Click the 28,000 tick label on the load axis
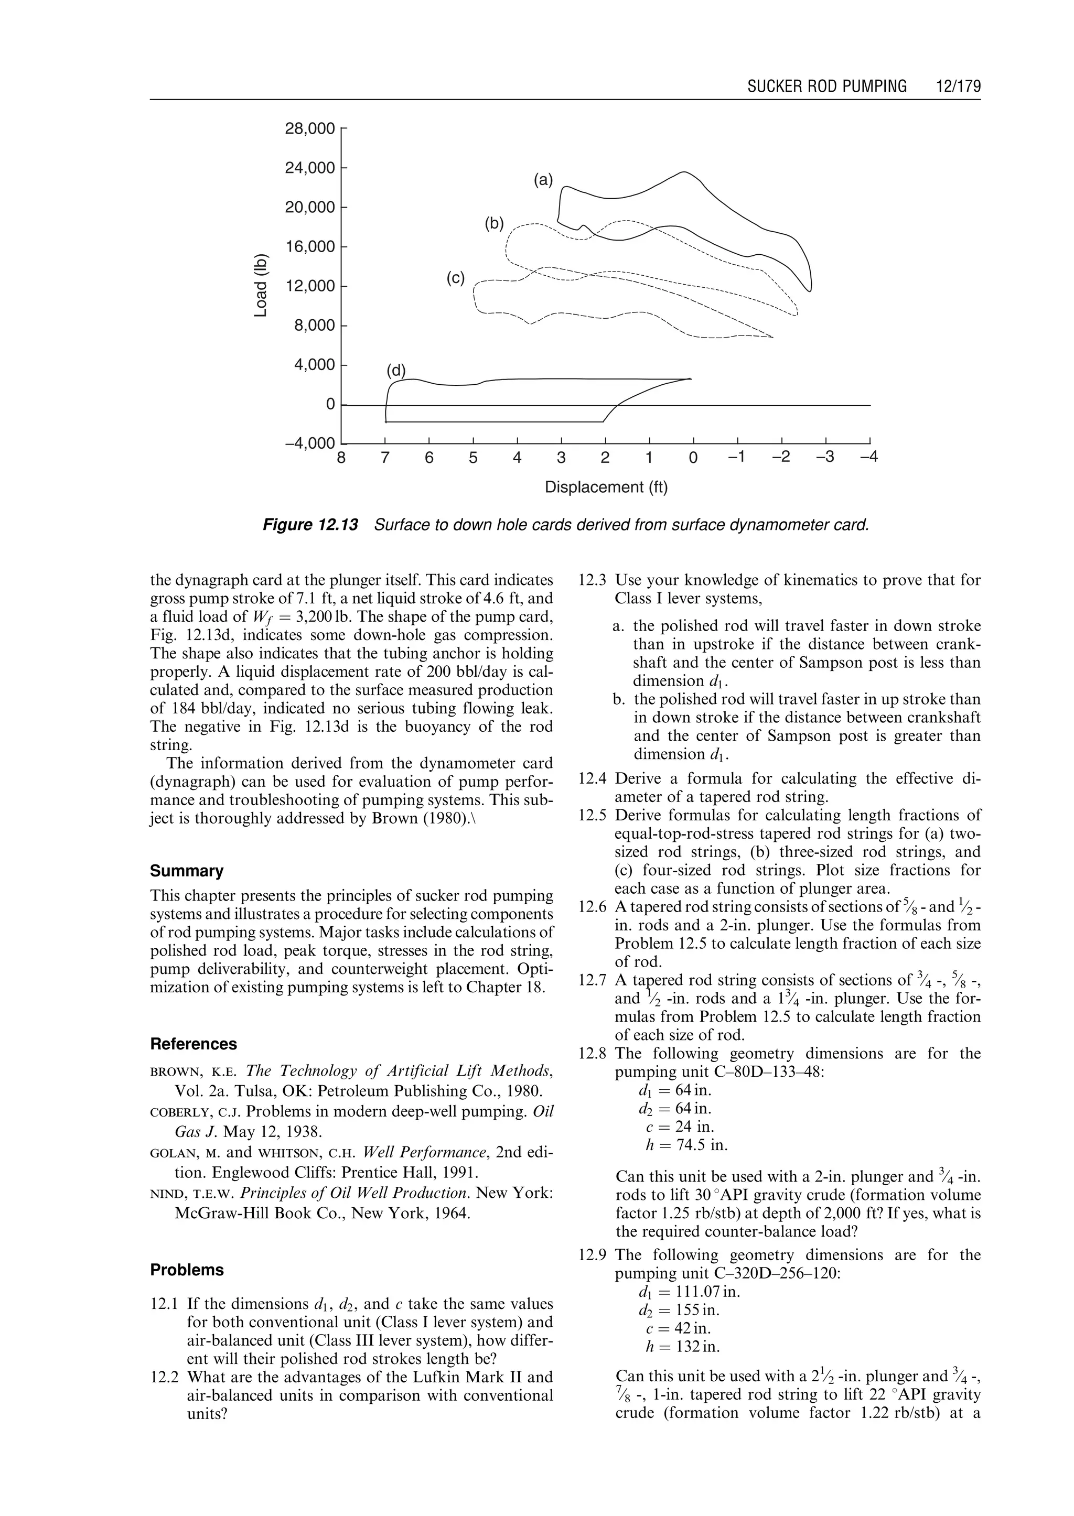pos(309,129)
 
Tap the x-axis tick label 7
pos(385,458)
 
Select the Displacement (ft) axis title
pos(606,488)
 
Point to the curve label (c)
pos(456,278)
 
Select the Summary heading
pos(187,871)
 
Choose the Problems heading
pos(187,1270)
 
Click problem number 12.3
pos(592,580)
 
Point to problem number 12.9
pos(592,1255)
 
